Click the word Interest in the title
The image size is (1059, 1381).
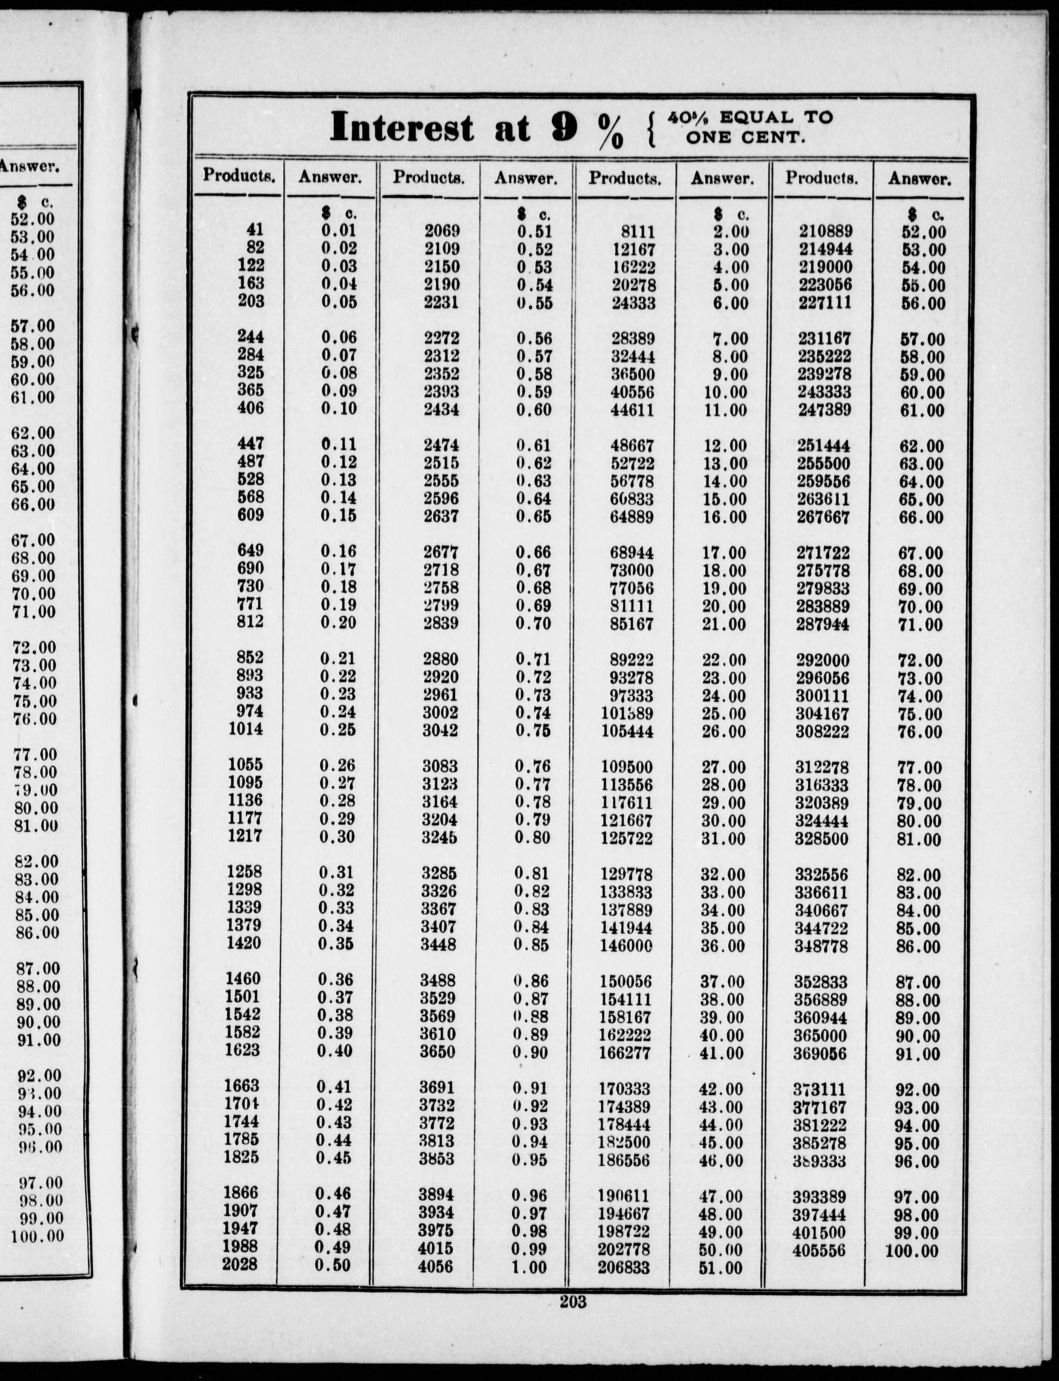pos(401,127)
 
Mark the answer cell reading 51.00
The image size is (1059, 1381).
pos(721,1267)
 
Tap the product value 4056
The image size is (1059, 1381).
pos(435,1266)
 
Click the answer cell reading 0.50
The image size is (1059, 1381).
pos(332,1265)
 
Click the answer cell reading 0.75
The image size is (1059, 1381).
pos(533,731)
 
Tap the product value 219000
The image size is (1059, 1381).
pos(826,267)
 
